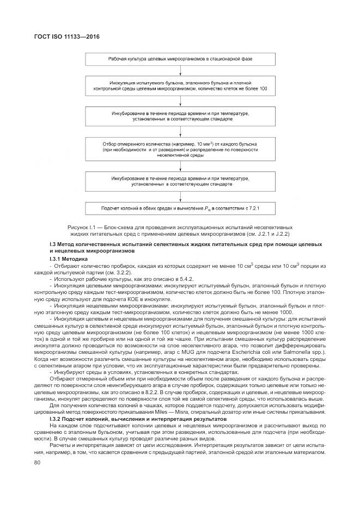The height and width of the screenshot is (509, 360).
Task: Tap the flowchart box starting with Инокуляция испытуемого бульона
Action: (180, 85)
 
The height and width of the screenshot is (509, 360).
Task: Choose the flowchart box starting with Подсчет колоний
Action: (180, 208)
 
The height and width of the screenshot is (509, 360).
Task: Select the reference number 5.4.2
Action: (145, 278)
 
